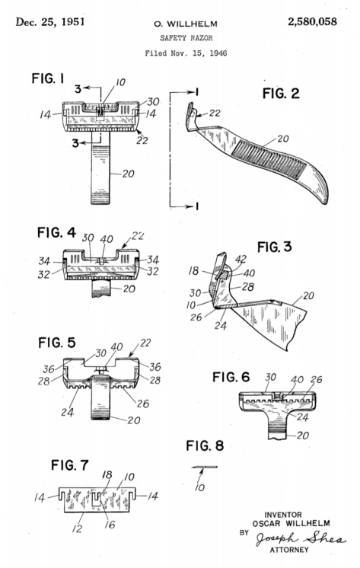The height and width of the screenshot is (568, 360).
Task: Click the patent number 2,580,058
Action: click(312, 22)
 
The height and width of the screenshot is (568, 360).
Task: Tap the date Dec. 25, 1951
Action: click(50, 22)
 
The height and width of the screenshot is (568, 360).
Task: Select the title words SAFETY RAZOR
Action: click(186, 38)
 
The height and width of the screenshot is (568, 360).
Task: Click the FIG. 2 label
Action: click(281, 94)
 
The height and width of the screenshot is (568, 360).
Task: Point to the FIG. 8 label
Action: click(205, 445)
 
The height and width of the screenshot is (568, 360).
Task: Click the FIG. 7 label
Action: click(69, 464)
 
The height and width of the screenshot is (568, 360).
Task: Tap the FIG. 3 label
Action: click(274, 247)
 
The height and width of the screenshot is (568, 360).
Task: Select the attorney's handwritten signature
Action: click(300, 538)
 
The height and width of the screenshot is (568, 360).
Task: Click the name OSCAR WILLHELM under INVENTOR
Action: click(292, 523)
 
